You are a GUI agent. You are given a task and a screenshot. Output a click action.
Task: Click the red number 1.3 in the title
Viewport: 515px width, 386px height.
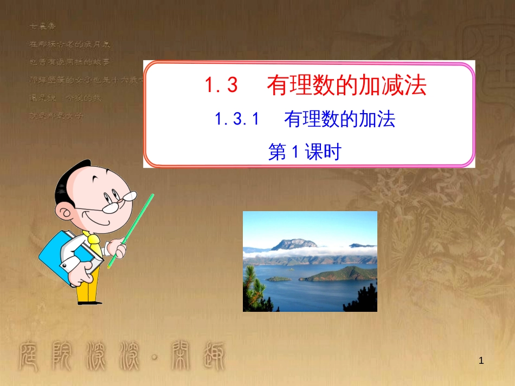[x=221, y=86]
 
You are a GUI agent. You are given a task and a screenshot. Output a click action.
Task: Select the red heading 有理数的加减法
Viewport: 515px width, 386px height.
[x=346, y=86]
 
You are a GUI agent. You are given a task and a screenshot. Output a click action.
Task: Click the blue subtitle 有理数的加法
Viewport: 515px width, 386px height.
[x=340, y=120]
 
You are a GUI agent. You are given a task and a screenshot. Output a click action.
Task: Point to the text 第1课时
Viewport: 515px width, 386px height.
[x=305, y=153]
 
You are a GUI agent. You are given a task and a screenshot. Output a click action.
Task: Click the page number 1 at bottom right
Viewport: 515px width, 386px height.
[x=480, y=359]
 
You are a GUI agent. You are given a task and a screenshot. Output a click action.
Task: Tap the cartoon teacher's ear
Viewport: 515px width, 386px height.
[x=68, y=211]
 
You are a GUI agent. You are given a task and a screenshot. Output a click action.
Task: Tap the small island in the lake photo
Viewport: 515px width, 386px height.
[x=279, y=279]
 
